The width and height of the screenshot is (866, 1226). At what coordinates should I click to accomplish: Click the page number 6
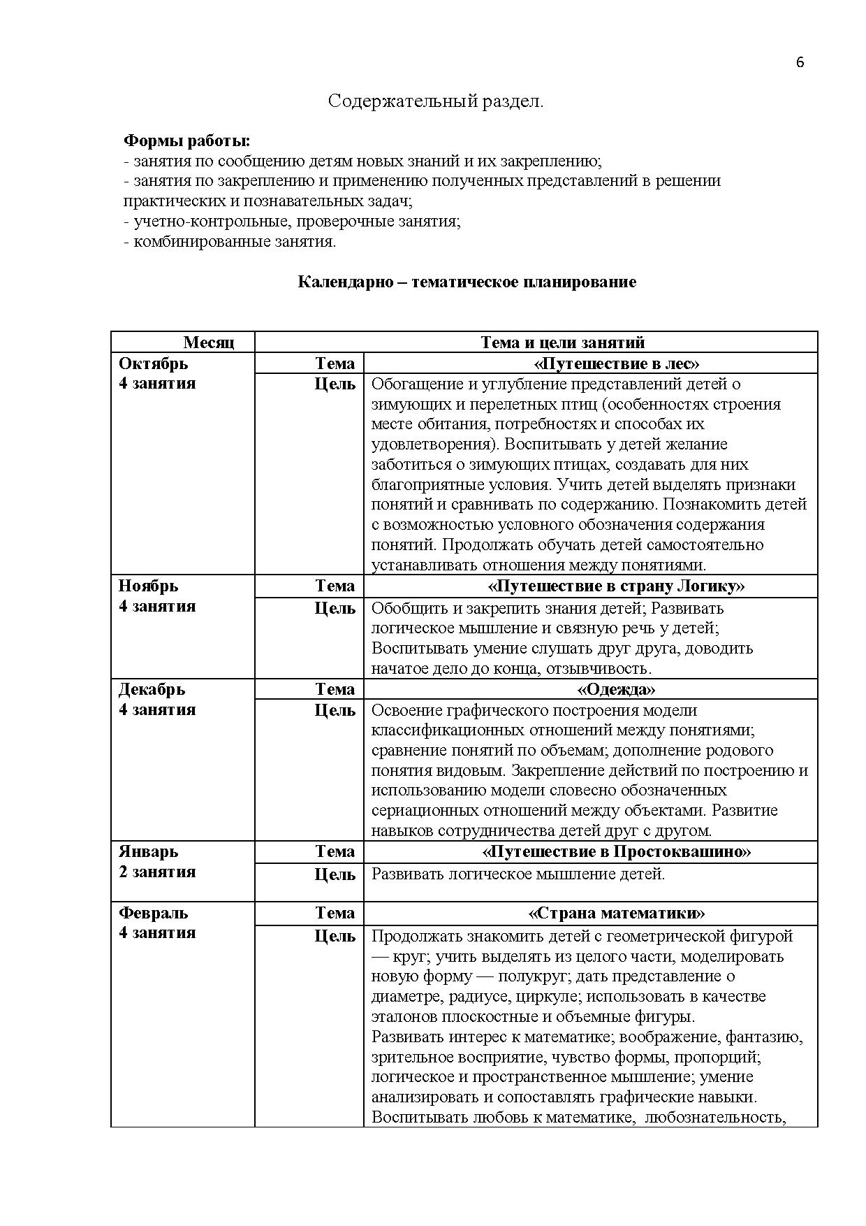coord(800,62)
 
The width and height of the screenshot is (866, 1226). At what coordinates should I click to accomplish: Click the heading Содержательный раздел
coord(436,101)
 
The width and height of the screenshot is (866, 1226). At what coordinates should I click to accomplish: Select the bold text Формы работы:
coord(186,140)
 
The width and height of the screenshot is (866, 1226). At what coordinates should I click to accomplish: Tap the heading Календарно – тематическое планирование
coord(467,282)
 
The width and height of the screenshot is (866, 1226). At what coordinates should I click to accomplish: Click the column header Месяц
coord(209,342)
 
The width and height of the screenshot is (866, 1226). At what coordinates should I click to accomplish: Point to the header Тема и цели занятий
coord(562,342)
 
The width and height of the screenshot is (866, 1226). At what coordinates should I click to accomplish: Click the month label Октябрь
coord(153,363)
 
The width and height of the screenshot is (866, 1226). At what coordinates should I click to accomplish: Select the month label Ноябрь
coord(148,586)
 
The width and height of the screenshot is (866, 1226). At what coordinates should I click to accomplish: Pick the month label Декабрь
coord(152,689)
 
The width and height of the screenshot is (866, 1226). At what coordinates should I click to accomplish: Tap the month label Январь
coord(148,851)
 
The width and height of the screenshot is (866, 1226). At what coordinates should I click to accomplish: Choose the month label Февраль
coord(153,913)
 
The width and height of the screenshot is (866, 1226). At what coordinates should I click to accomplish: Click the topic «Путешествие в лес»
coord(616,363)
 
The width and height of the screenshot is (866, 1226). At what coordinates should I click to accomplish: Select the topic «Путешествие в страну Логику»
coord(616,586)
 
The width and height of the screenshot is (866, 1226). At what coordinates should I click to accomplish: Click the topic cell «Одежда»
coord(616,689)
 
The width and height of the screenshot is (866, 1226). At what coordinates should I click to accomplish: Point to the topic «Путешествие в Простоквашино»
coord(616,851)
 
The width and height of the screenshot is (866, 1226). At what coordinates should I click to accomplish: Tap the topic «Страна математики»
coord(616,913)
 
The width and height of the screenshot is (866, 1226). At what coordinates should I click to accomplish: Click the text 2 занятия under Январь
coord(157,872)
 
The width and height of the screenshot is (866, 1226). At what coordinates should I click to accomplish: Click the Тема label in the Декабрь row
coord(335,689)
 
